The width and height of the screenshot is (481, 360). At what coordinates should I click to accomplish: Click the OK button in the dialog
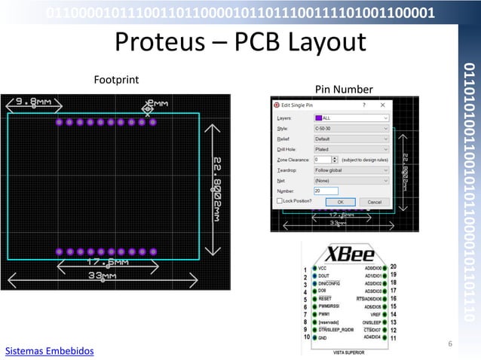[341, 202]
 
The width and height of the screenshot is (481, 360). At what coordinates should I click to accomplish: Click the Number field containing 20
[326, 191]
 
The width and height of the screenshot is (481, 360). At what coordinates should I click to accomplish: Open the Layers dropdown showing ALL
[351, 118]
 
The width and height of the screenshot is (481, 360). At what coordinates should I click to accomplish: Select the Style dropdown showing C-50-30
[351, 129]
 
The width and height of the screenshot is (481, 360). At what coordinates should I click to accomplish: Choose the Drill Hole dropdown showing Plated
[351, 150]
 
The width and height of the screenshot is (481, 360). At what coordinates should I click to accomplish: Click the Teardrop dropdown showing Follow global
[351, 171]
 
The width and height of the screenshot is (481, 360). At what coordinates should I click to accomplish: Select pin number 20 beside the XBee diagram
[394, 267]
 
